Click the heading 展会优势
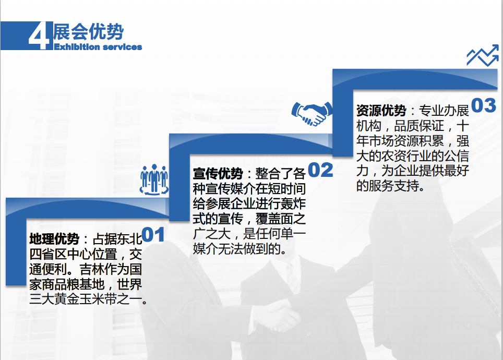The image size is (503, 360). click(x=89, y=32)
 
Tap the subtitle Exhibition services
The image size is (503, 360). click(x=98, y=47)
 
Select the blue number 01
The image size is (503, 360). click(x=153, y=235)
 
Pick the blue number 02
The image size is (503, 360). click(x=320, y=170)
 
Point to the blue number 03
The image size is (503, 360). click(x=484, y=105)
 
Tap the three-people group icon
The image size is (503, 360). click(x=154, y=179)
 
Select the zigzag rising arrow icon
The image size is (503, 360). click(x=483, y=55)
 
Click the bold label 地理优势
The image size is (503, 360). click(x=54, y=239)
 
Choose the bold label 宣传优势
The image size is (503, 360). click(x=218, y=174)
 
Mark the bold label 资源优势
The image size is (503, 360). click(x=381, y=111)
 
